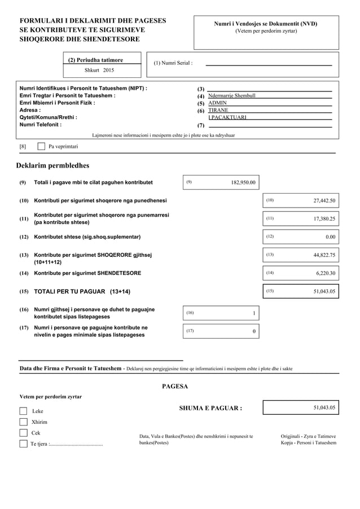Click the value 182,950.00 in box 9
[x=243, y=182]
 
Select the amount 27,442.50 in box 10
[x=324, y=200]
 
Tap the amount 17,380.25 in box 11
[x=324, y=218]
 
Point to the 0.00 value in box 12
[x=330, y=237]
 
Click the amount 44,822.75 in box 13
[x=324, y=255]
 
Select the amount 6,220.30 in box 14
[x=326, y=273]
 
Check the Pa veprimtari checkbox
[x=41, y=147]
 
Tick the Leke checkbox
[x=23, y=411]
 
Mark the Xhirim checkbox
[x=23, y=422]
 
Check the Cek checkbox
[x=23, y=433]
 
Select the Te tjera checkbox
[x=23, y=444]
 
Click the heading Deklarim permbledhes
[x=52, y=165]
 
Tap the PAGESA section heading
[x=175, y=387]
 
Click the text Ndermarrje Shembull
[x=232, y=95]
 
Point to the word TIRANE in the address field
[x=218, y=110]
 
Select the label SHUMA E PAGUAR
[x=210, y=409]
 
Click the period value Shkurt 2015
[x=99, y=71]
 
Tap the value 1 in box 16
[x=254, y=313]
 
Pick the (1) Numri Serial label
[x=173, y=63]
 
